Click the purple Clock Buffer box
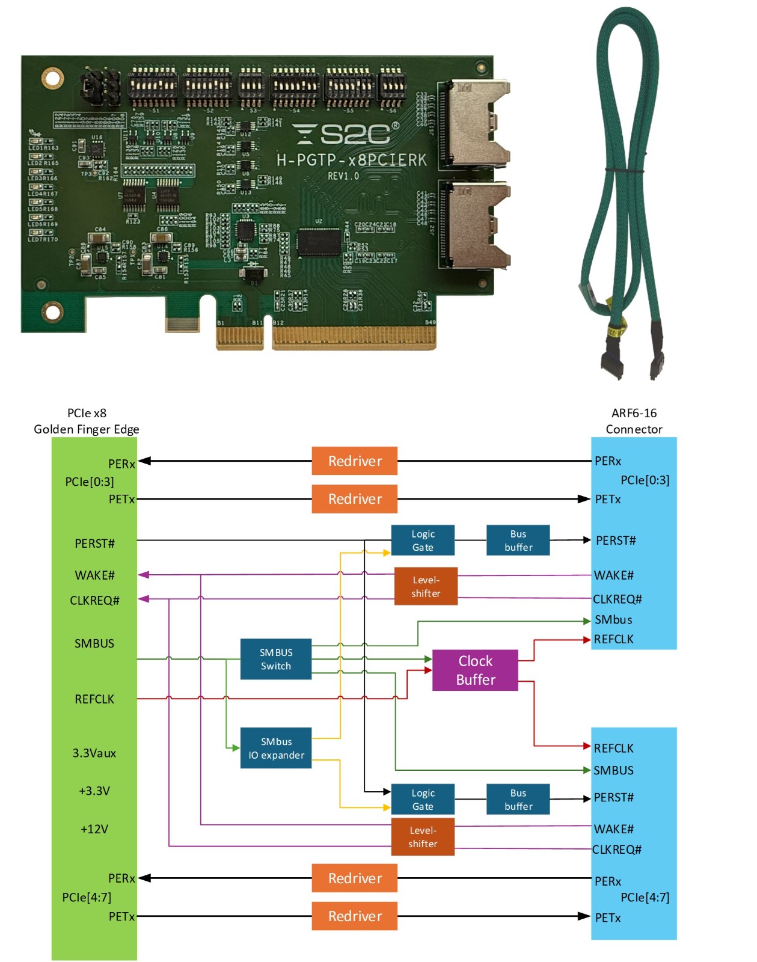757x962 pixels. click(474, 670)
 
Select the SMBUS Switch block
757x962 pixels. click(275, 659)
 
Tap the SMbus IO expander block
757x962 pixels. click(275, 748)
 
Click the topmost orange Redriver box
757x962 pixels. click(354, 461)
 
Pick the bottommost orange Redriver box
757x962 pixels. click(354, 916)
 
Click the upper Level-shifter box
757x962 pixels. click(425, 586)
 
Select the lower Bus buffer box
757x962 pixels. click(518, 799)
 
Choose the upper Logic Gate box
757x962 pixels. click(422, 540)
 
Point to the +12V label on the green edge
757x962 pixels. click(94, 829)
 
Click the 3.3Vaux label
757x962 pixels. click(94, 753)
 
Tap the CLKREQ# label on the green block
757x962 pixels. click(94, 600)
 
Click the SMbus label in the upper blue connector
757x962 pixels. click(613, 619)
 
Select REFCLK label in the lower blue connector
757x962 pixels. click(613, 748)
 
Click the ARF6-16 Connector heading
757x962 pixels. click(634, 421)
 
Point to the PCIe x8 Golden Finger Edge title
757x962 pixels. click(87, 421)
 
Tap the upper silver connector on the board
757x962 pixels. click(475, 123)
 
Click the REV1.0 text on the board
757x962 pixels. click(343, 176)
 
